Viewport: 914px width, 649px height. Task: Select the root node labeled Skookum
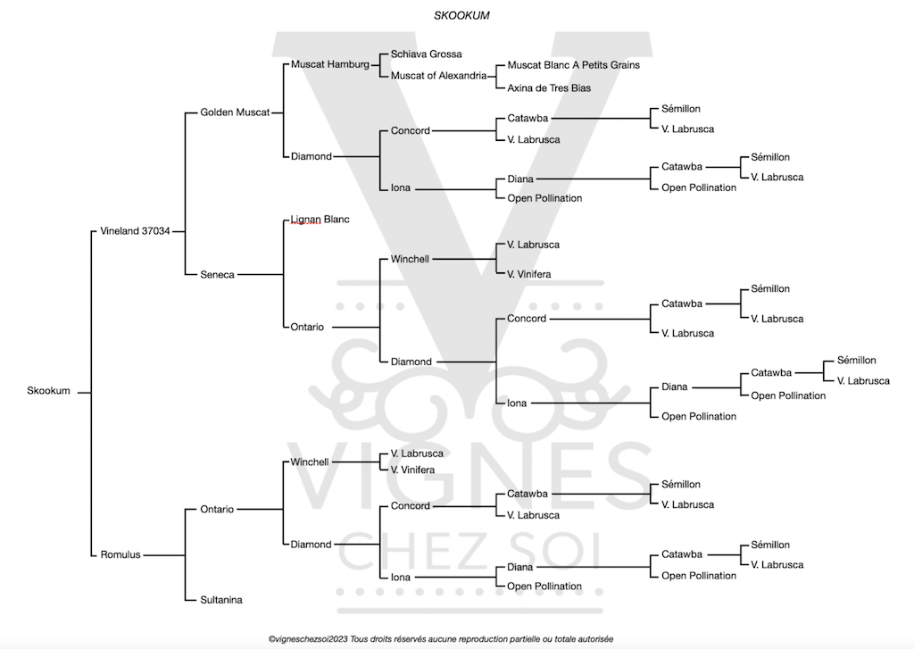[48, 391]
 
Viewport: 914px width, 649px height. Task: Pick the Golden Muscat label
[235, 112]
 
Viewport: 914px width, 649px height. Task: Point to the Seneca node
[217, 275]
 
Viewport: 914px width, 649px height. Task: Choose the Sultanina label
[221, 600]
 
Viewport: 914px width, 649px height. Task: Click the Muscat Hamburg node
[329, 64]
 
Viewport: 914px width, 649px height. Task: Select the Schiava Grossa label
[426, 54]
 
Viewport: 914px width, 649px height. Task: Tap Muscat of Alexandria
[438, 75]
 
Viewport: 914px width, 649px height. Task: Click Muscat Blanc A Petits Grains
[573, 65]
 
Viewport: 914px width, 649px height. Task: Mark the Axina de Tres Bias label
[548, 88]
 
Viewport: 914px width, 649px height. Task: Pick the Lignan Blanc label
[319, 220]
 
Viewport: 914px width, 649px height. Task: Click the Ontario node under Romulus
[217, 509]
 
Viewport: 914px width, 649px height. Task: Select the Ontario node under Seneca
[307, 327]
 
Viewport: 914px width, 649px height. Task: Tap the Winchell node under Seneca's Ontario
[410, 259]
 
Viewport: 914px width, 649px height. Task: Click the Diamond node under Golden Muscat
[311, 156]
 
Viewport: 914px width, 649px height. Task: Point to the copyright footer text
[441, 638]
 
